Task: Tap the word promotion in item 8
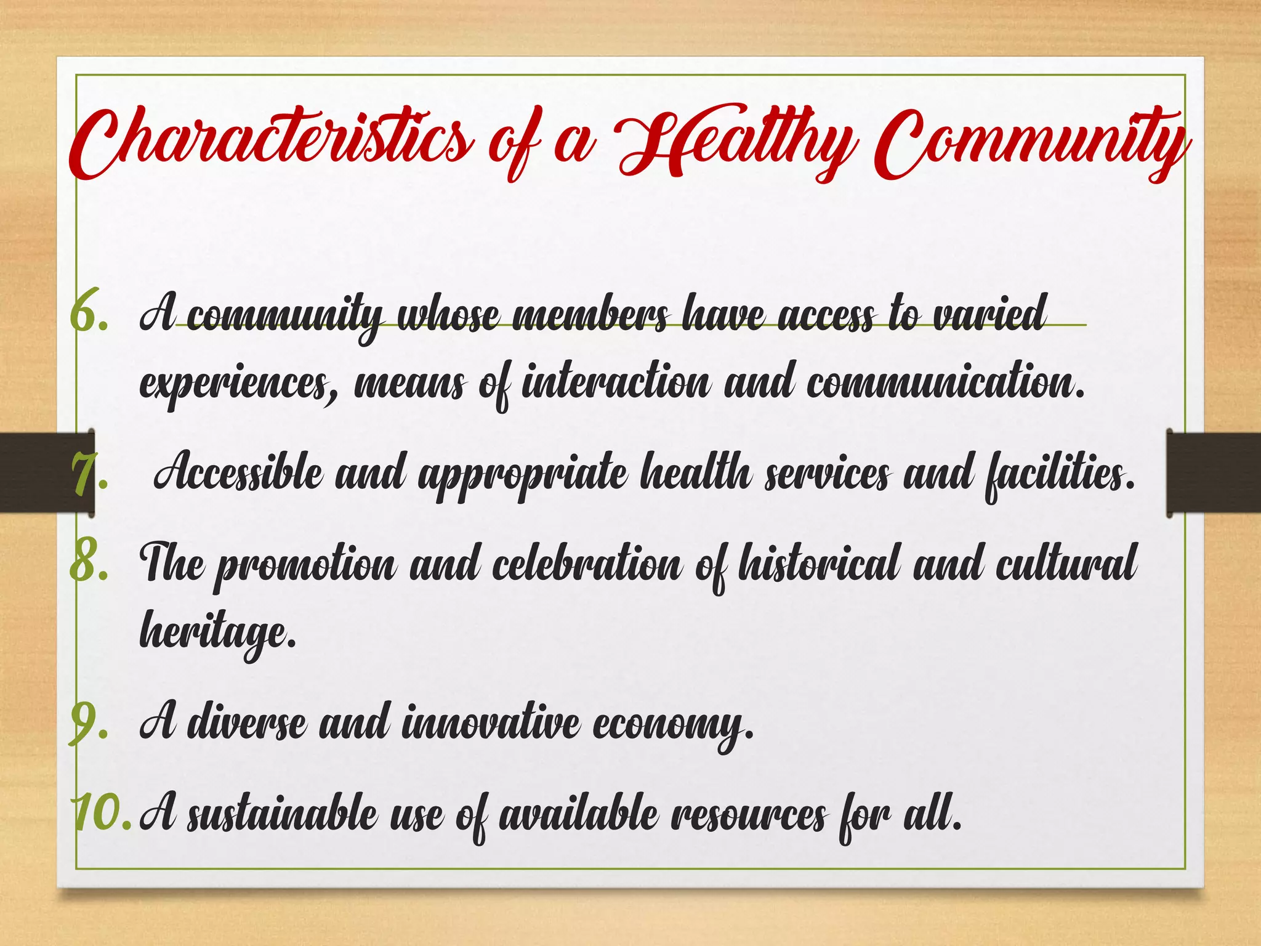305,564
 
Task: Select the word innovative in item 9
490,722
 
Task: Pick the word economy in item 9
671,724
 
